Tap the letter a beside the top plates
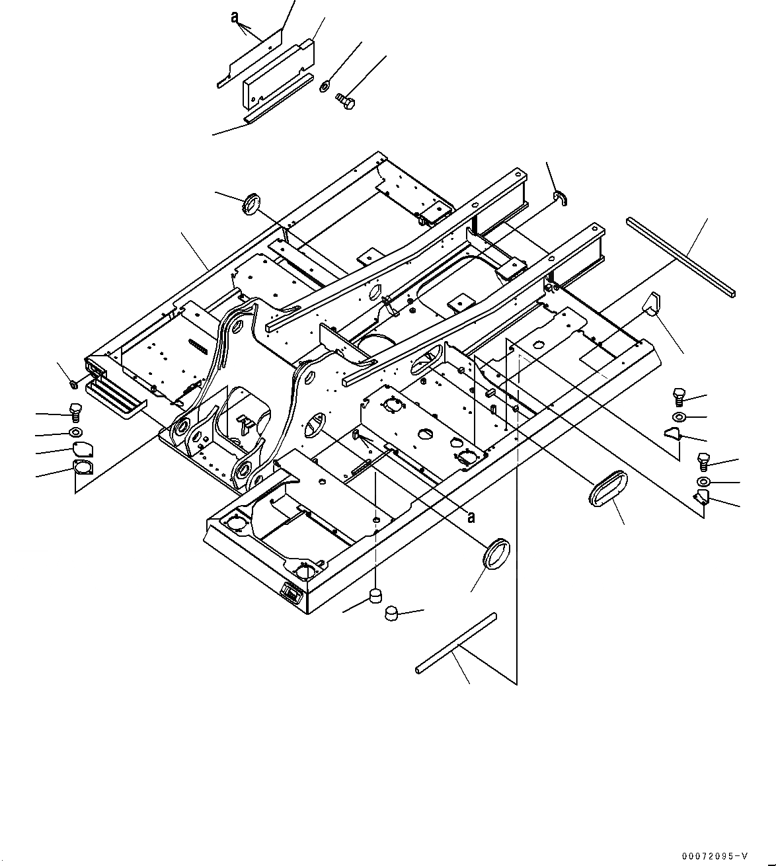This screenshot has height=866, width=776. (235, 18)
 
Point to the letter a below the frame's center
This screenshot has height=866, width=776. (471, 517)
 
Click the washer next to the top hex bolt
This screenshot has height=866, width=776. (325, 86)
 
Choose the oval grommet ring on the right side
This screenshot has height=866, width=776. (605, 487)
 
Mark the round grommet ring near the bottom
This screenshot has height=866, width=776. (497, 553)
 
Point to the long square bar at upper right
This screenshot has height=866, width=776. (681, 258)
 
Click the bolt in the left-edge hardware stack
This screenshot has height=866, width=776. (75, 412)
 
